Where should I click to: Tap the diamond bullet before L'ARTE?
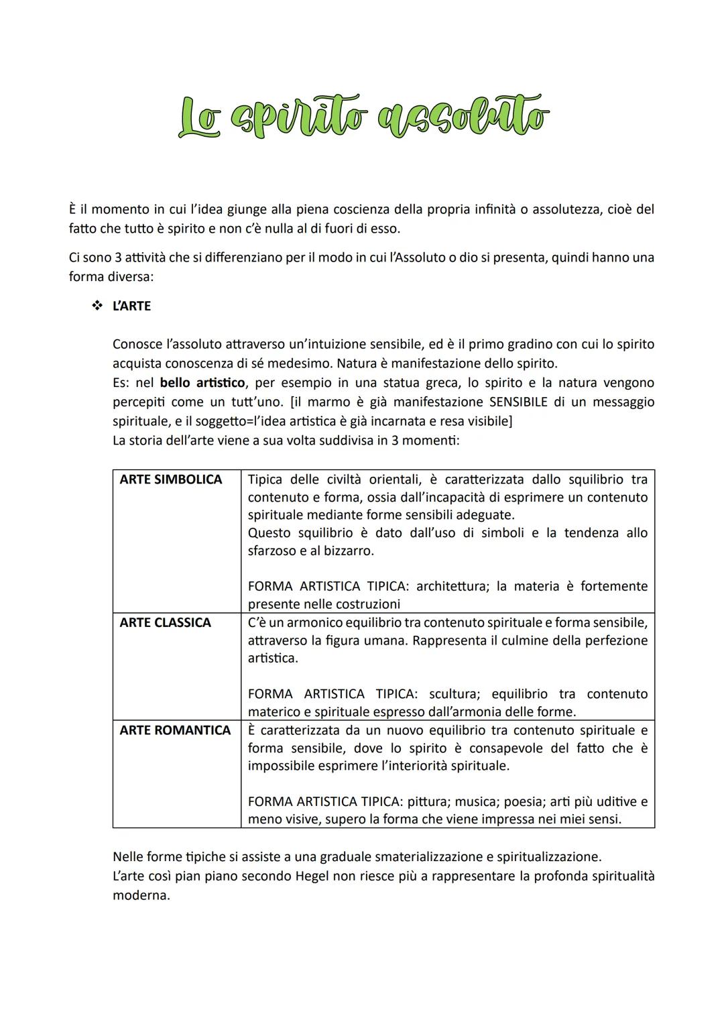97,306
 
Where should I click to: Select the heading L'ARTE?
131,306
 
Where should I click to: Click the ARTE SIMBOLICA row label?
170,479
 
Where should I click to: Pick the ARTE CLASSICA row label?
165,622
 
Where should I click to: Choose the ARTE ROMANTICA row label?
175,730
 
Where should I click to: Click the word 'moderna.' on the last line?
141,895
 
